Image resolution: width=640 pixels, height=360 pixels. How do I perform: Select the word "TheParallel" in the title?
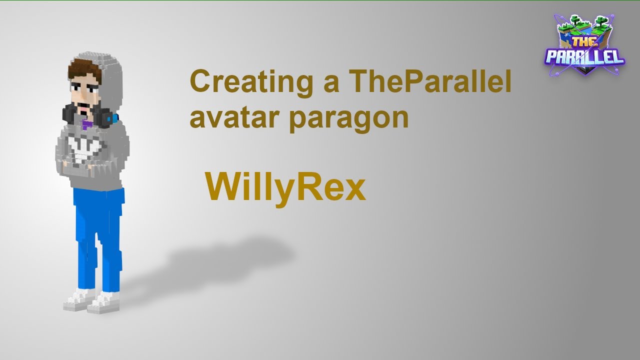430,82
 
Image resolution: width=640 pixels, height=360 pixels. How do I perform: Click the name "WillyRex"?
285,189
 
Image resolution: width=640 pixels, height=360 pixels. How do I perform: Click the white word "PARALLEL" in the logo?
585,56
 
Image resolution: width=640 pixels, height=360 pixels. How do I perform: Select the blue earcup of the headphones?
115,119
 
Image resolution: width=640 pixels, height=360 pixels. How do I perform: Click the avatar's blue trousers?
97,235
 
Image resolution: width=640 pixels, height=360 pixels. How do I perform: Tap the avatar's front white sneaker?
102,302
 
